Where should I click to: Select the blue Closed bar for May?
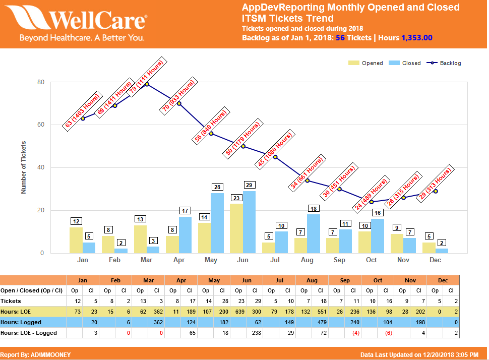coord(217,223)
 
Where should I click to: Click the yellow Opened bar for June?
coord(236,228)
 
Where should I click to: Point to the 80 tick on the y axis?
coord(41,82)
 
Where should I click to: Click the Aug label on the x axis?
coord(307,260)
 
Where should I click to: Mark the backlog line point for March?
coord(147,84)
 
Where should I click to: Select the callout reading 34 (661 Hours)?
coord(306,173)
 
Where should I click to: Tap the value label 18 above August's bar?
coord(314,209)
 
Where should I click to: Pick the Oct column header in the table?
coord(378,280)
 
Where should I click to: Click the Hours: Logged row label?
coord(21,322)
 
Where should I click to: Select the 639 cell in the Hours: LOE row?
coord(238,312)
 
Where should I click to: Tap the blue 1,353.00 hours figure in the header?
coord(416,38)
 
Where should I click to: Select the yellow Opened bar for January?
coord(76,240)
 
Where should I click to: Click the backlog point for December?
coord(435,191)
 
